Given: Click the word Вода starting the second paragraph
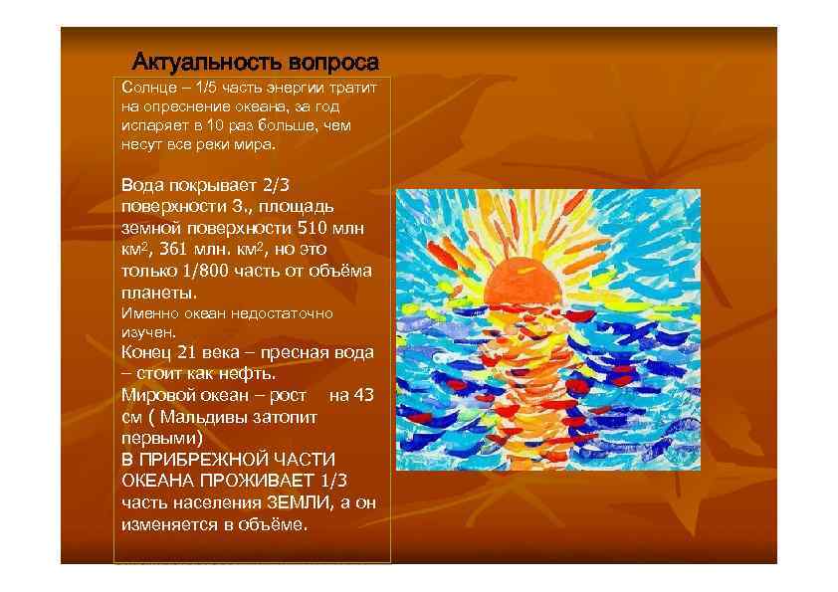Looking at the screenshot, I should [x=138, y=184].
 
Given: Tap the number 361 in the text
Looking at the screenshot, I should [x=173, y=250].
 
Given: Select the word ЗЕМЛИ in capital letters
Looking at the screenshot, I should [x=297, y=503].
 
